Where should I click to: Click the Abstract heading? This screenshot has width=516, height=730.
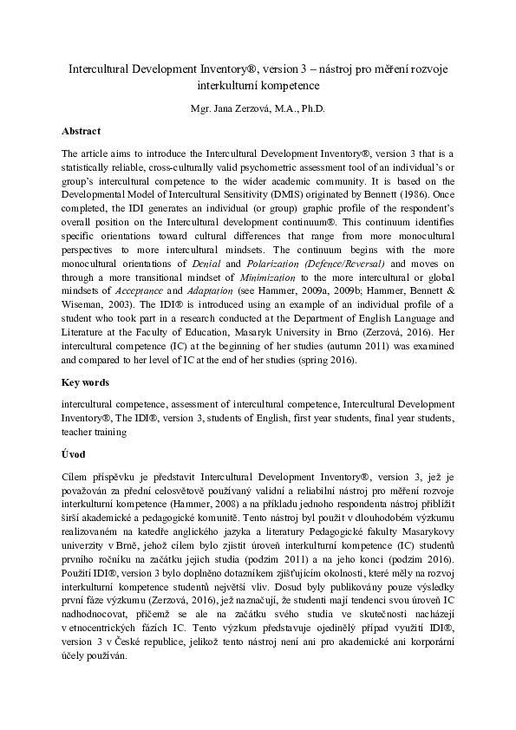(81, 131)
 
